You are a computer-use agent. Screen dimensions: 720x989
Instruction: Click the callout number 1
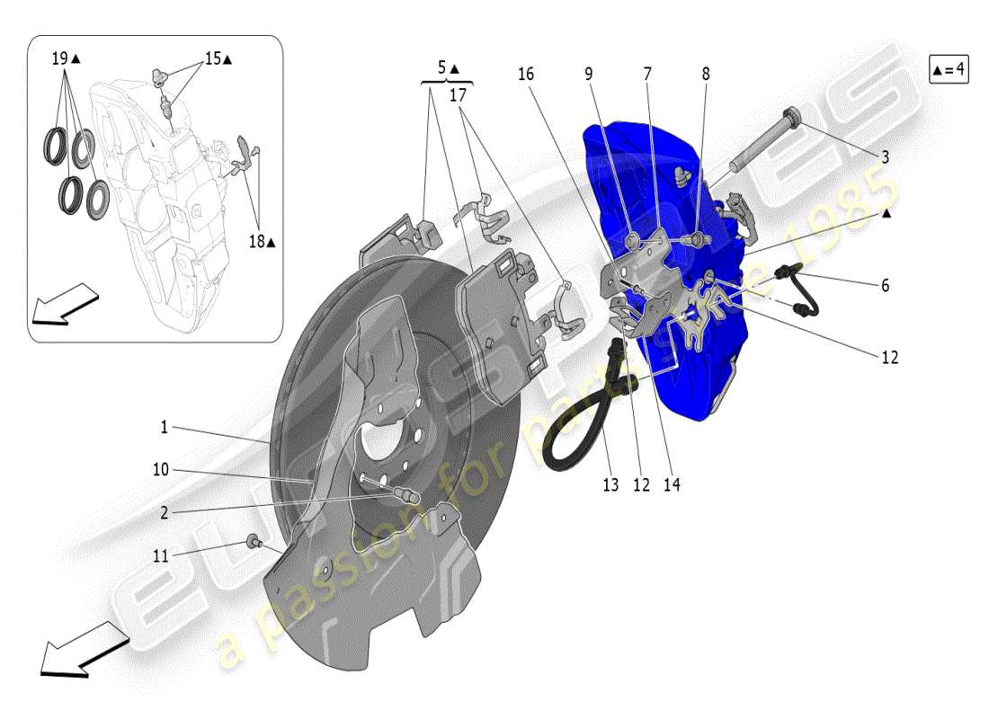[x=165, y=428]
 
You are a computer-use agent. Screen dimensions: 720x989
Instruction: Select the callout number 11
[x=161, y=557]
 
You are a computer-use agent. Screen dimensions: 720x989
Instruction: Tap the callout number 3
[x=885, y=157]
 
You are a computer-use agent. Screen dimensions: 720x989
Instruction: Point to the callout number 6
[x=885, y=285]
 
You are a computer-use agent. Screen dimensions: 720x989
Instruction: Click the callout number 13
[x=610, y=485]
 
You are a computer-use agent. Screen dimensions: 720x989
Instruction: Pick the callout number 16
[x=525, y=74]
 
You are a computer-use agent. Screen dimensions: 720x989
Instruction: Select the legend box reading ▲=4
[x=949, y=69]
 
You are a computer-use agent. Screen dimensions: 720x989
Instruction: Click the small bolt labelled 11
[x=254, y=541]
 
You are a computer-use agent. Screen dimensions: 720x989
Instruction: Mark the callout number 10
[x=161, y=471]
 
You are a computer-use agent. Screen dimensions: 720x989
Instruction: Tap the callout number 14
[x=672, y=485]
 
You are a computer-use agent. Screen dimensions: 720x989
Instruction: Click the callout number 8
[x=706, y=74]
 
